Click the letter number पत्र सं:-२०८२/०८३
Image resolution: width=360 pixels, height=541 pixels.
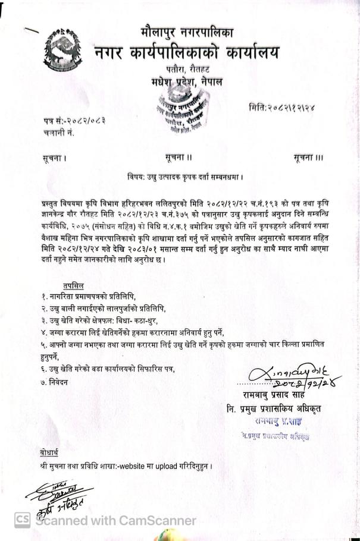pos(71,121)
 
